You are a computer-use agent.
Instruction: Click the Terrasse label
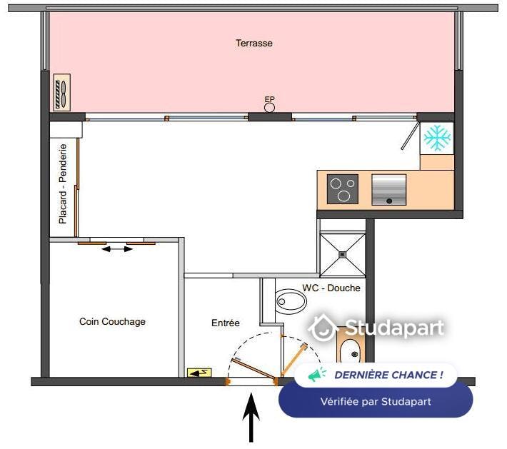click(x=254, y=44)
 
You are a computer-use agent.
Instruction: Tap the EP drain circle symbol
click(x=269, y=108)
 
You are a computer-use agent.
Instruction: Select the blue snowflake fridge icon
click(x=437, y=138)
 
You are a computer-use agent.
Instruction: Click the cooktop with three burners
click(x=343, y=189)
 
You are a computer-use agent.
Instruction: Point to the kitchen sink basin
click(x=388, y=190)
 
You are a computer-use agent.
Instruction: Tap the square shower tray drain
click(x=343, y=255)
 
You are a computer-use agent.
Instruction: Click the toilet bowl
click(x=291, y=302)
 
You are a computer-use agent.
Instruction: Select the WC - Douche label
click(x=331, y=288)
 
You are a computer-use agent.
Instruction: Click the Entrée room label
click(x=226, y=323)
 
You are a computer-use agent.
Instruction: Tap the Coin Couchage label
click(x=112, y=322)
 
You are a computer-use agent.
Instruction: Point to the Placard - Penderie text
click(x=63, y=184)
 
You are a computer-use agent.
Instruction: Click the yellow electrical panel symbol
click(x=199, y=373)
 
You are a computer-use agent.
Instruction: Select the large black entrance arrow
click(x=251, y=417)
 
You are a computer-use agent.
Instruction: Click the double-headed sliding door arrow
click(x=117, y=249)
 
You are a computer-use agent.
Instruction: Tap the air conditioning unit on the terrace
click(x=61, y=93)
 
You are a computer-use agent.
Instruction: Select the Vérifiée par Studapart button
click(x=376, y=401)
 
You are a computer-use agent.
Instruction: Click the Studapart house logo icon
click(x=323, y=328)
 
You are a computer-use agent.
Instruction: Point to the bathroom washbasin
click(x=351, y=350)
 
